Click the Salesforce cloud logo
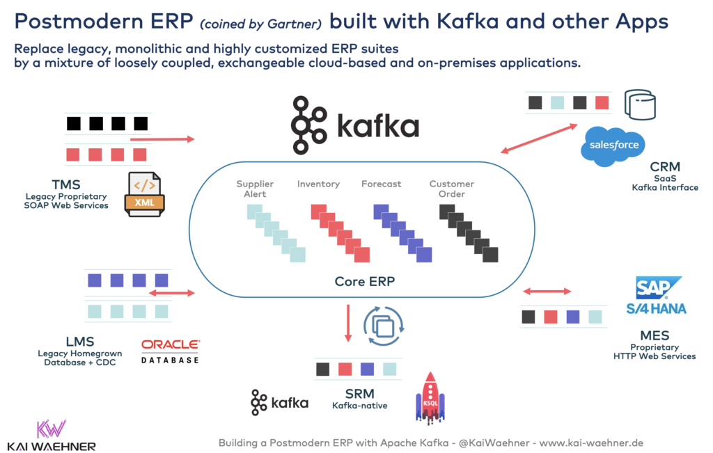[x=613, y=145]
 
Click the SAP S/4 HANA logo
[x=660, y=296]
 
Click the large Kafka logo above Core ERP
[x=356, y=125]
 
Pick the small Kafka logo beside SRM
[x=279, y=403]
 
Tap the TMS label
[x=66, y=185]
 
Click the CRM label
[x=664, y=167]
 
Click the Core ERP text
[x=361, y=282]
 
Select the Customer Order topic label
[x=451, y=189]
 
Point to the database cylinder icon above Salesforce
[x=641, y=104]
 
